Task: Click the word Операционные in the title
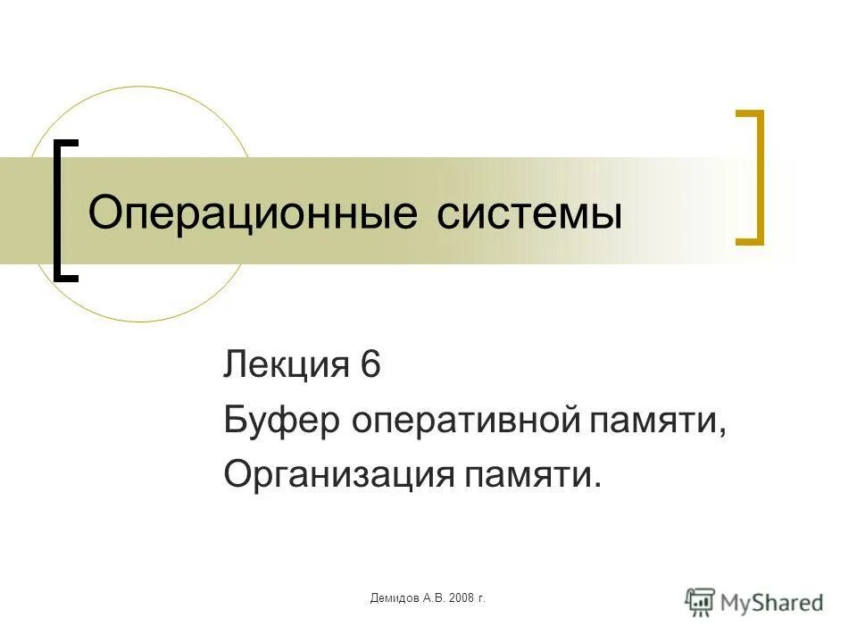(x=254, y=213)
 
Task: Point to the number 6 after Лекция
(x=370, y=366)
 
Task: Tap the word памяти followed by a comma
(x=652, y=421)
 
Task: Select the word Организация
(x=338, y=475)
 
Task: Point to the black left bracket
(x=62, y=211)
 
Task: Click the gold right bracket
(x=755, y=177)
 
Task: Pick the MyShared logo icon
(x=700, y=601)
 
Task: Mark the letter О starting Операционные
(x=103, y=213)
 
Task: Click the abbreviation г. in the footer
(x=482, y=597)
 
